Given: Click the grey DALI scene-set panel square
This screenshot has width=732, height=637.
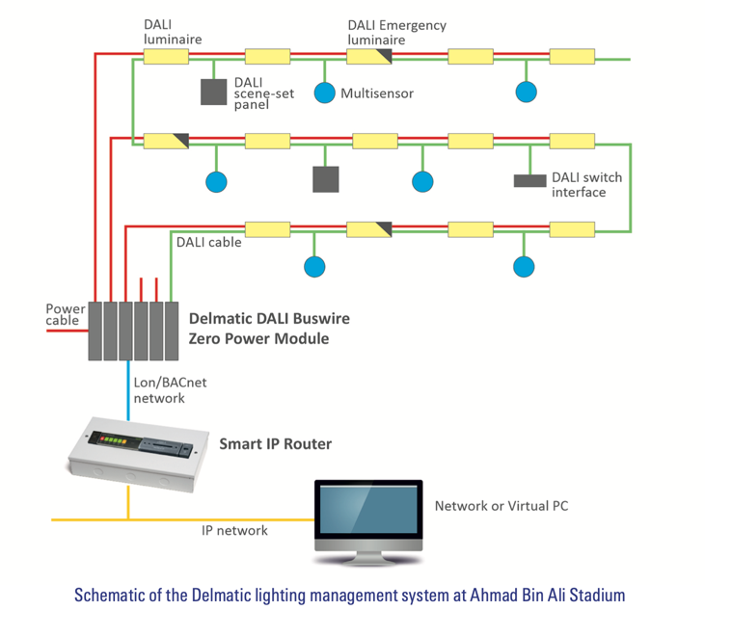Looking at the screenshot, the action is point(214,92).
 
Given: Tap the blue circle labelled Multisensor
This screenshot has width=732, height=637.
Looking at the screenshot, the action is point(324,93).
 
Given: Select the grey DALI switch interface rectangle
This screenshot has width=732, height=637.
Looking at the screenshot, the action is point(529,180).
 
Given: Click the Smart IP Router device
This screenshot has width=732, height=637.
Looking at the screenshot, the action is point(138,454).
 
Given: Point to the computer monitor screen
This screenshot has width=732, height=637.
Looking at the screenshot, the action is point(368,509).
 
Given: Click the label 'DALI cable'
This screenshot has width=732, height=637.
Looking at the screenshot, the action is point(208,243).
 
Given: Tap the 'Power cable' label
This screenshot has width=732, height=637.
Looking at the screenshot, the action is point(66,314).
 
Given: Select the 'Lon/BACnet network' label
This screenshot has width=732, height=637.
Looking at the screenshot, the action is point(170,390).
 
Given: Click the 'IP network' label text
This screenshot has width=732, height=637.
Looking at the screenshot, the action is point(234,531).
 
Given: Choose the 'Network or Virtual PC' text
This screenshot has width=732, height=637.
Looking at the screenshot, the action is point(502,506).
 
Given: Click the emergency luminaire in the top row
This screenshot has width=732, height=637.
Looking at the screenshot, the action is point(368,57).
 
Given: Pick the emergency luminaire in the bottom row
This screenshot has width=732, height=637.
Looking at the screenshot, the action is point(368,229).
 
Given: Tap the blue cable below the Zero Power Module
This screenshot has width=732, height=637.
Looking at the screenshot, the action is point(128,390).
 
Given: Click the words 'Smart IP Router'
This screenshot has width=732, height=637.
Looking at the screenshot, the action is point(276,444).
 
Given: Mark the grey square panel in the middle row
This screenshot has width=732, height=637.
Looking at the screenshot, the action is point(326,179).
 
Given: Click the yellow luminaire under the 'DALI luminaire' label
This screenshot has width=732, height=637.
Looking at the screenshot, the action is point(166,57).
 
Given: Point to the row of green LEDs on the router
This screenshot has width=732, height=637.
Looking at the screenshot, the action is point(113,439).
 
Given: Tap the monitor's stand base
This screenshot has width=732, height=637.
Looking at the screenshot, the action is point(368,560).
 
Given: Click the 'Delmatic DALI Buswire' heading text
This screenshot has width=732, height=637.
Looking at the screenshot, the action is point(269,318).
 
